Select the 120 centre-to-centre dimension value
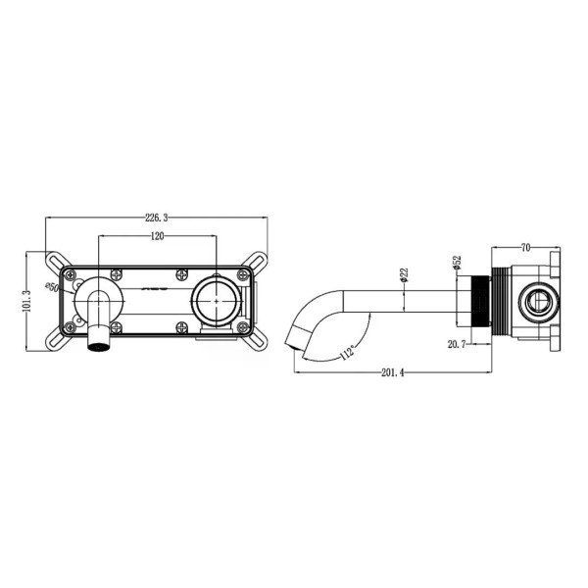[157, 236]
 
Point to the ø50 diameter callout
[56, 288]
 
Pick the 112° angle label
[347, 351]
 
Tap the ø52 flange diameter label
[457, 264]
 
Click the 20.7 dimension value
[457, 344]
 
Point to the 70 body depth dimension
[526, 249]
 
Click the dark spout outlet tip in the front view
[98, 342]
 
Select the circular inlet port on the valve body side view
[537, 301]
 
